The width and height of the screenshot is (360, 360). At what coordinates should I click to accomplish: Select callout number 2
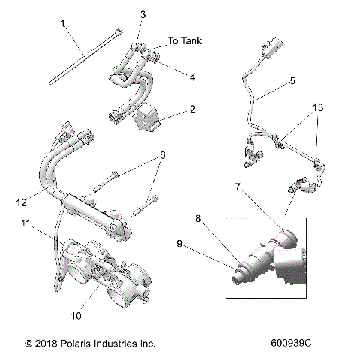click(x=193, y=109)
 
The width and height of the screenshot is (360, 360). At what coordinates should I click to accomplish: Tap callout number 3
click(x=142, y=15)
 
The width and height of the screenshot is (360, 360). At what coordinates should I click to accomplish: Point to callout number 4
click(x=192, y=76)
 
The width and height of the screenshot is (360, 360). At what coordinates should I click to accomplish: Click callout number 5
click(x=292, y=79)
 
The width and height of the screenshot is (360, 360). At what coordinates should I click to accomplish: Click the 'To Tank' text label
click(x=185, y=41)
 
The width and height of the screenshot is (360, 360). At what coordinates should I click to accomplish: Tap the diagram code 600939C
click(x=295, y=343)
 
